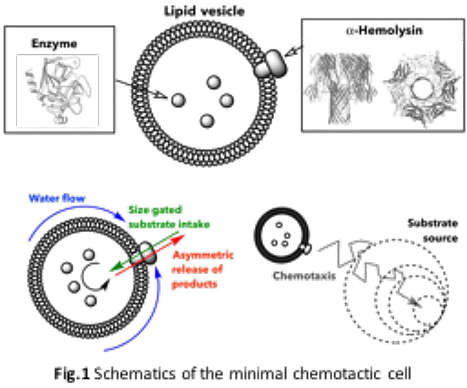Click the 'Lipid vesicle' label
point(204,11)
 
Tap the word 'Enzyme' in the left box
point(54,44)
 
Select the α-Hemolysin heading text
point(384,30)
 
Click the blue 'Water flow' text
point(57,199)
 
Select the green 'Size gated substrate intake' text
point(169,217)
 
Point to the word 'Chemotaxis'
point(304,276)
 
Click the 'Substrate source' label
point(433,230)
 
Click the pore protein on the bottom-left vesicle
point(147,252)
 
